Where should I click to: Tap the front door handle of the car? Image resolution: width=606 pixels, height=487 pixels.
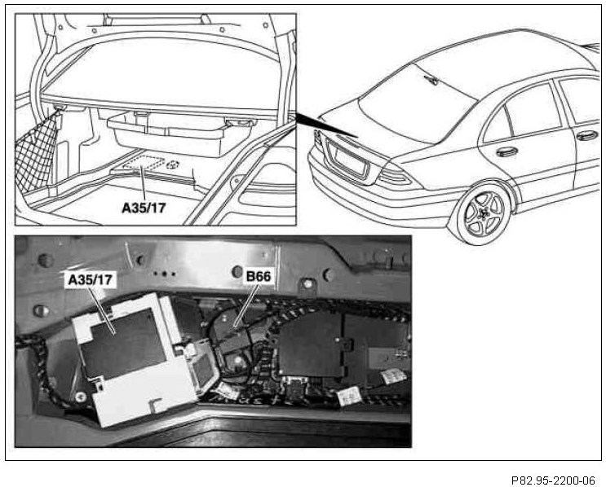pos(586,135)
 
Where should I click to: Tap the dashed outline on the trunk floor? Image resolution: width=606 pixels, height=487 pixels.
pos(151,163)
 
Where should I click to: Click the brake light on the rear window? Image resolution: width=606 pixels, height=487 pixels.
pos(432,79)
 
